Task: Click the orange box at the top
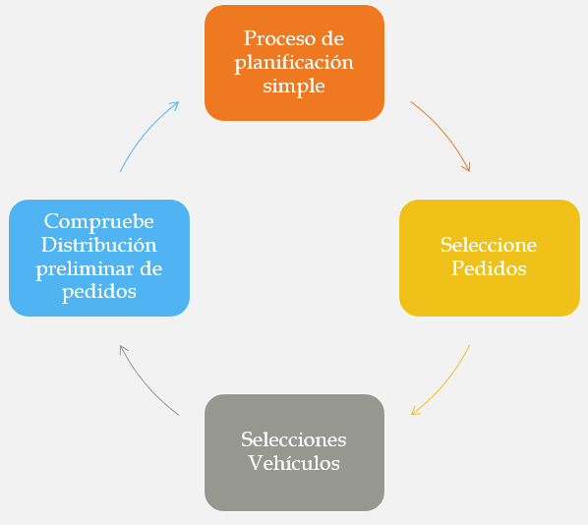tap(294, 63)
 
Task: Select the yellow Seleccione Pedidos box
tap(490, 258)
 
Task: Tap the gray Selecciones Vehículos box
tap(294, 452)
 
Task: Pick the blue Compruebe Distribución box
tap(99, 258)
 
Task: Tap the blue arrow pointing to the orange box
tap(146, 132)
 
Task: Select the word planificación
tap(294, 63)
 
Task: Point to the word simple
tap(294, 87)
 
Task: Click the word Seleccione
tap(489, 245)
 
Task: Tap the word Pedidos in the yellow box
tap(489, 268)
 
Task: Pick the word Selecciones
tap(294, 439)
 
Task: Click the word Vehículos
tap(294, 463)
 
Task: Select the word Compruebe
tap(99, 221)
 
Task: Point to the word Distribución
tap(99, 245)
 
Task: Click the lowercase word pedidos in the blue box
tap(99, 292)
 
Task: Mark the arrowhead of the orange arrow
tap(466, 166)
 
